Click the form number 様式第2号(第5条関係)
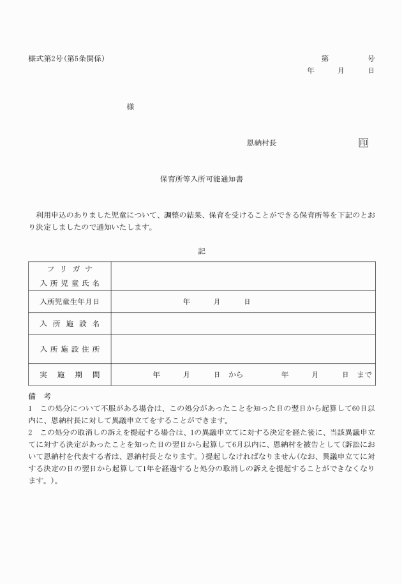coord(66,59)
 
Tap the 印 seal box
coord(363,143)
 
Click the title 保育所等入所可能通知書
coord(201,180)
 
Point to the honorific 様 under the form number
coord(130,107)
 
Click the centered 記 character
coord(202,251)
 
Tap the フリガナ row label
coord(70,269)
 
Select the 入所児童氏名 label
coord(70,283)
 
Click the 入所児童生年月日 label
coord(70,301)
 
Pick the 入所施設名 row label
coord(70,324)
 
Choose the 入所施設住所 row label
coord(70,349)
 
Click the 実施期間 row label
coord(70,375)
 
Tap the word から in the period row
coord(235,375)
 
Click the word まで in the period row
coord(364,375)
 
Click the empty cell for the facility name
coord(243,324)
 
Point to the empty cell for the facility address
coord(243,349)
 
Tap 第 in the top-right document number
coord(325,59)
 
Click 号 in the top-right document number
coord(371,59)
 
